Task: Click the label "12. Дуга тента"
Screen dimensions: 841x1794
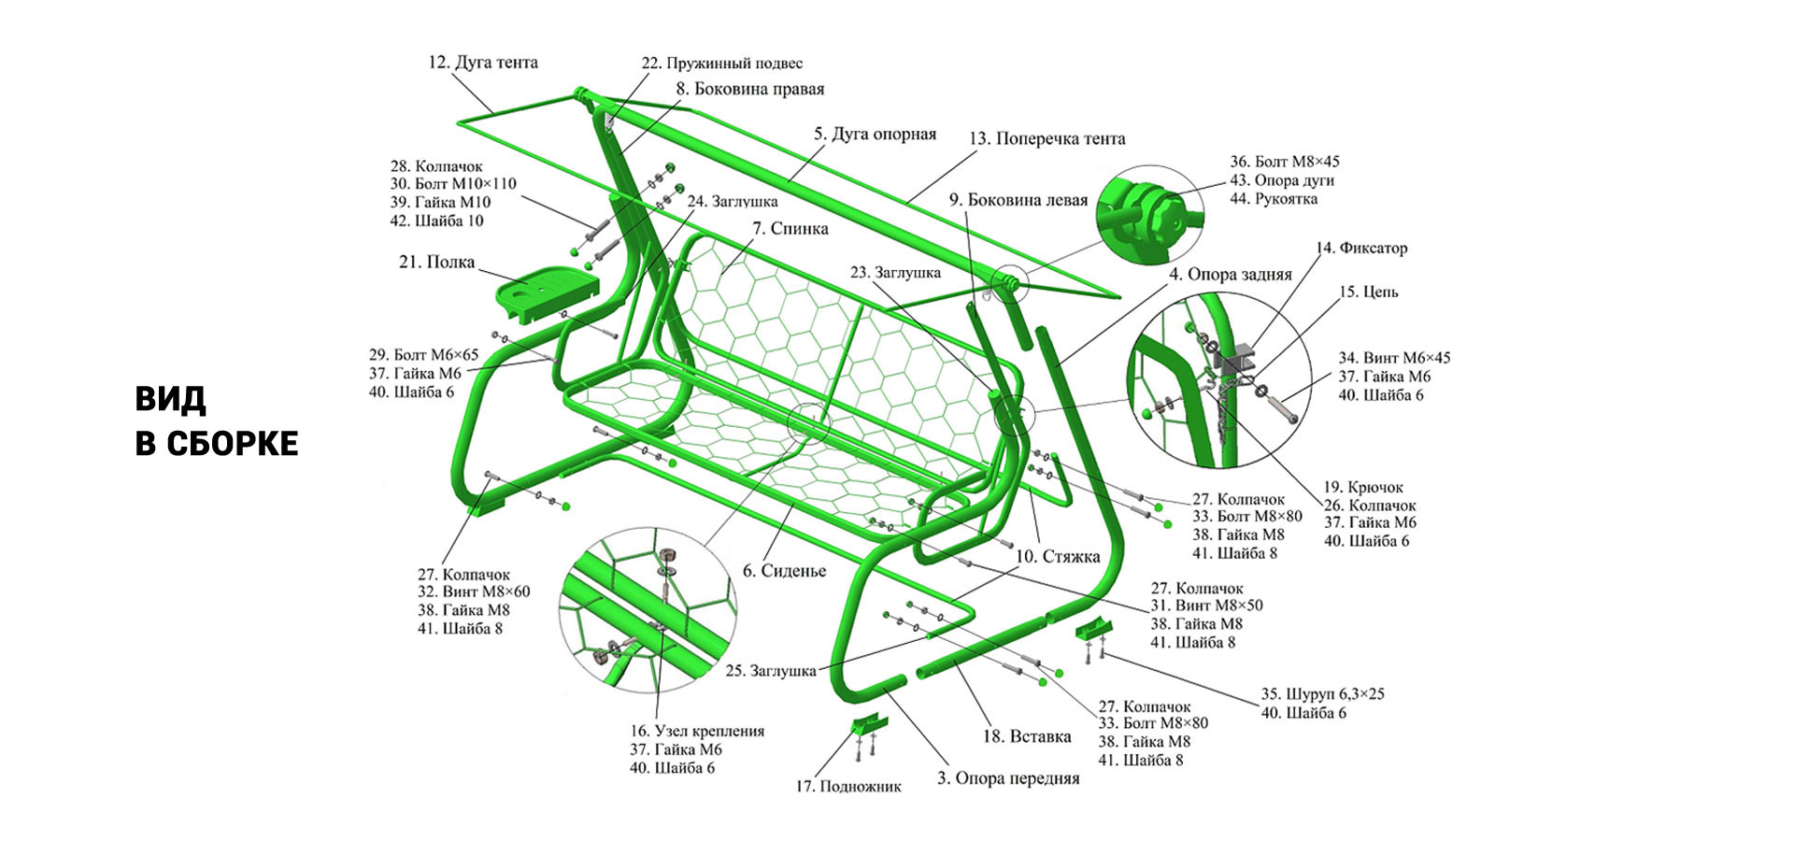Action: click(x=483, y=63)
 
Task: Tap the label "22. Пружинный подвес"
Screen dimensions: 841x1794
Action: click(x=721, y=64)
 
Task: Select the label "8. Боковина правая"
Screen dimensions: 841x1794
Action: click(x=750, y=89)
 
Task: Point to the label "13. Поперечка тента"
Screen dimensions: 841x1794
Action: click(x=1046, y=138)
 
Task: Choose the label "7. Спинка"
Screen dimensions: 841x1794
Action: click(x=790, y=228)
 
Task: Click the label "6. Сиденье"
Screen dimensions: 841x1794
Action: click(x=784, y=570)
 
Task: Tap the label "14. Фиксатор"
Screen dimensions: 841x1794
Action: click(x=1360, y=249)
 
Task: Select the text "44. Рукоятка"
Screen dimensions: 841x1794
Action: click(x=1274, y=199)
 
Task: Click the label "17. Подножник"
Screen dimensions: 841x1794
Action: click(x=847, y=786)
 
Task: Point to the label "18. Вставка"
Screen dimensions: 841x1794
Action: click(x=1026, y=736)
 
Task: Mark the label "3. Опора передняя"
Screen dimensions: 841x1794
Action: click(x=1008, y=778)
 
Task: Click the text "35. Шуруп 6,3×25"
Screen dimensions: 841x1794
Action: click(x=1322, y=694)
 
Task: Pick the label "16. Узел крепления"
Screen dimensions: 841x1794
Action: click(x=697, y=731)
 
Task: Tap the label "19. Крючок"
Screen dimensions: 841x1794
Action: click(x=1363, y=487)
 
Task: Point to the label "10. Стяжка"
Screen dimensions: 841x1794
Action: click(x=1057, y=556)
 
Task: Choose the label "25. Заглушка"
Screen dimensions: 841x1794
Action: click(x=771, y=670)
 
